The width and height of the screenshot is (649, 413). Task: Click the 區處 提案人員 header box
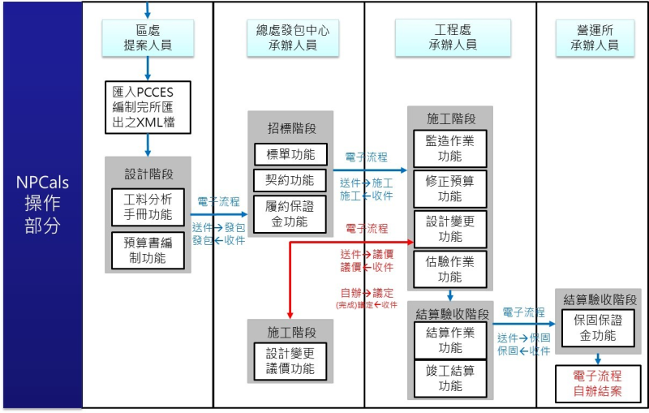click(148, 37)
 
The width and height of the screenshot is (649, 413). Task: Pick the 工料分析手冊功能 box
click(148, 206)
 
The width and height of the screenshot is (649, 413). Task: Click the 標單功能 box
click(290, 153)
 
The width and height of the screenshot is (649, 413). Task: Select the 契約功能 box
click(290, 179)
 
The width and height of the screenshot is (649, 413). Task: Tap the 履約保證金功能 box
click(290, 213)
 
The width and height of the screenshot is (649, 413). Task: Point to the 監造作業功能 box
click(449, 147)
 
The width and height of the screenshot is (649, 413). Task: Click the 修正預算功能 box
click(449, 188)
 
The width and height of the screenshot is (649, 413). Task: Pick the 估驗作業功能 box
click(449, 269)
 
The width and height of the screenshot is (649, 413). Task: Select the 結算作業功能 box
click(449, 340)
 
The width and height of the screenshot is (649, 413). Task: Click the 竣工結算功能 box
click(449, 379)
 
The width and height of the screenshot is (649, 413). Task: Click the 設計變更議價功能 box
click(290, 361)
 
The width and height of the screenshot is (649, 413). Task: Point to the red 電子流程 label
click(367, 229)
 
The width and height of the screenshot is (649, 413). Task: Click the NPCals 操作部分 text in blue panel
click(42, 204)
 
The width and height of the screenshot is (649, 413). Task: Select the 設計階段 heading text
click(148, 174)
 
